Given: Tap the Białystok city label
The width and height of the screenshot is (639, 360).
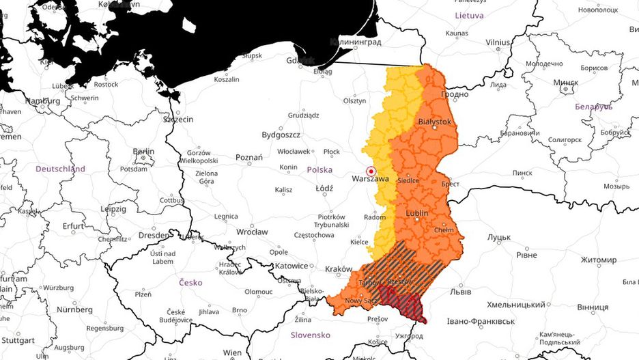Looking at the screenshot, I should [434, 122].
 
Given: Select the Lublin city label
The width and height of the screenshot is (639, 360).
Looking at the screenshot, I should [416, 213].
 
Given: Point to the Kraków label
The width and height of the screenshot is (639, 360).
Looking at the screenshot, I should [339, 269].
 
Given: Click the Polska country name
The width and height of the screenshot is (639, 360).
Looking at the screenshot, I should [319, 169].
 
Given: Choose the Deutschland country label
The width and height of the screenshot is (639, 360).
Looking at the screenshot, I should [60, 169].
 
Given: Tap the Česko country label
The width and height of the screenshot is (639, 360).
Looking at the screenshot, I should [190, 282].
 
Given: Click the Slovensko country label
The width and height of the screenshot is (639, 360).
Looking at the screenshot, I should [310, 335].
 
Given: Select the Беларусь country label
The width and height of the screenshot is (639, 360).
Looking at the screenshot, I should [593, 107].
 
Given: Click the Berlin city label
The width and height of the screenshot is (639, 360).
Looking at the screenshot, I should [143, 152].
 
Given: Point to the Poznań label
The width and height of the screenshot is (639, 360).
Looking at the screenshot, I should [248, 157].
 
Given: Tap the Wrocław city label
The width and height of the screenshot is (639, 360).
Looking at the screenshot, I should [253, 232].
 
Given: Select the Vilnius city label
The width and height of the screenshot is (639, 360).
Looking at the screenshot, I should [498, 42].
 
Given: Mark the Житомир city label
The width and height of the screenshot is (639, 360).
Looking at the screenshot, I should [598, 260].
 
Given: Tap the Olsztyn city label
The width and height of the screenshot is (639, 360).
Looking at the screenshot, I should [354, 100].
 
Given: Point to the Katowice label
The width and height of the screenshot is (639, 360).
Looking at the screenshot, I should [292, 266].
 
